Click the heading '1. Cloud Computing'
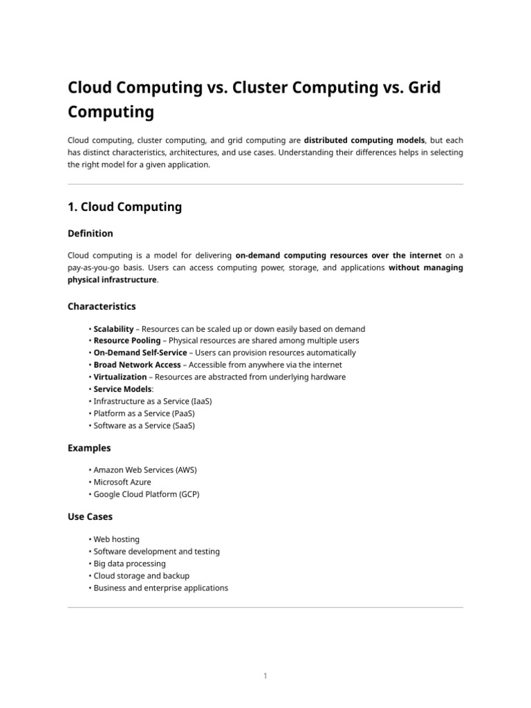pos(124,207)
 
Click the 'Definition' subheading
pos(90,233)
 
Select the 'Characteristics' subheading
pos(102,306)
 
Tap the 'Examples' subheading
pos(89,448)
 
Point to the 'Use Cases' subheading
pos(90,516)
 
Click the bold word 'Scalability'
pos(113,329)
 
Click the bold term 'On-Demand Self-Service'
pos(140,353)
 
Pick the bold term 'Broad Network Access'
pos(137,365)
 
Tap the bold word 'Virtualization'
pos(120,377)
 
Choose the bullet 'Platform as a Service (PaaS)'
pos(143,413)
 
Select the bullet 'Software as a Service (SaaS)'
pos(144,426)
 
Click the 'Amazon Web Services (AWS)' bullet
pos(145,470)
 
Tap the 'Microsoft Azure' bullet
pos(122,482)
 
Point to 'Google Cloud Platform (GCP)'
pos(146,494)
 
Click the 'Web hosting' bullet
pos(116,539)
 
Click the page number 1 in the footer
pos(265,676)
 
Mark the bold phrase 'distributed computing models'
pos(364,140)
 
